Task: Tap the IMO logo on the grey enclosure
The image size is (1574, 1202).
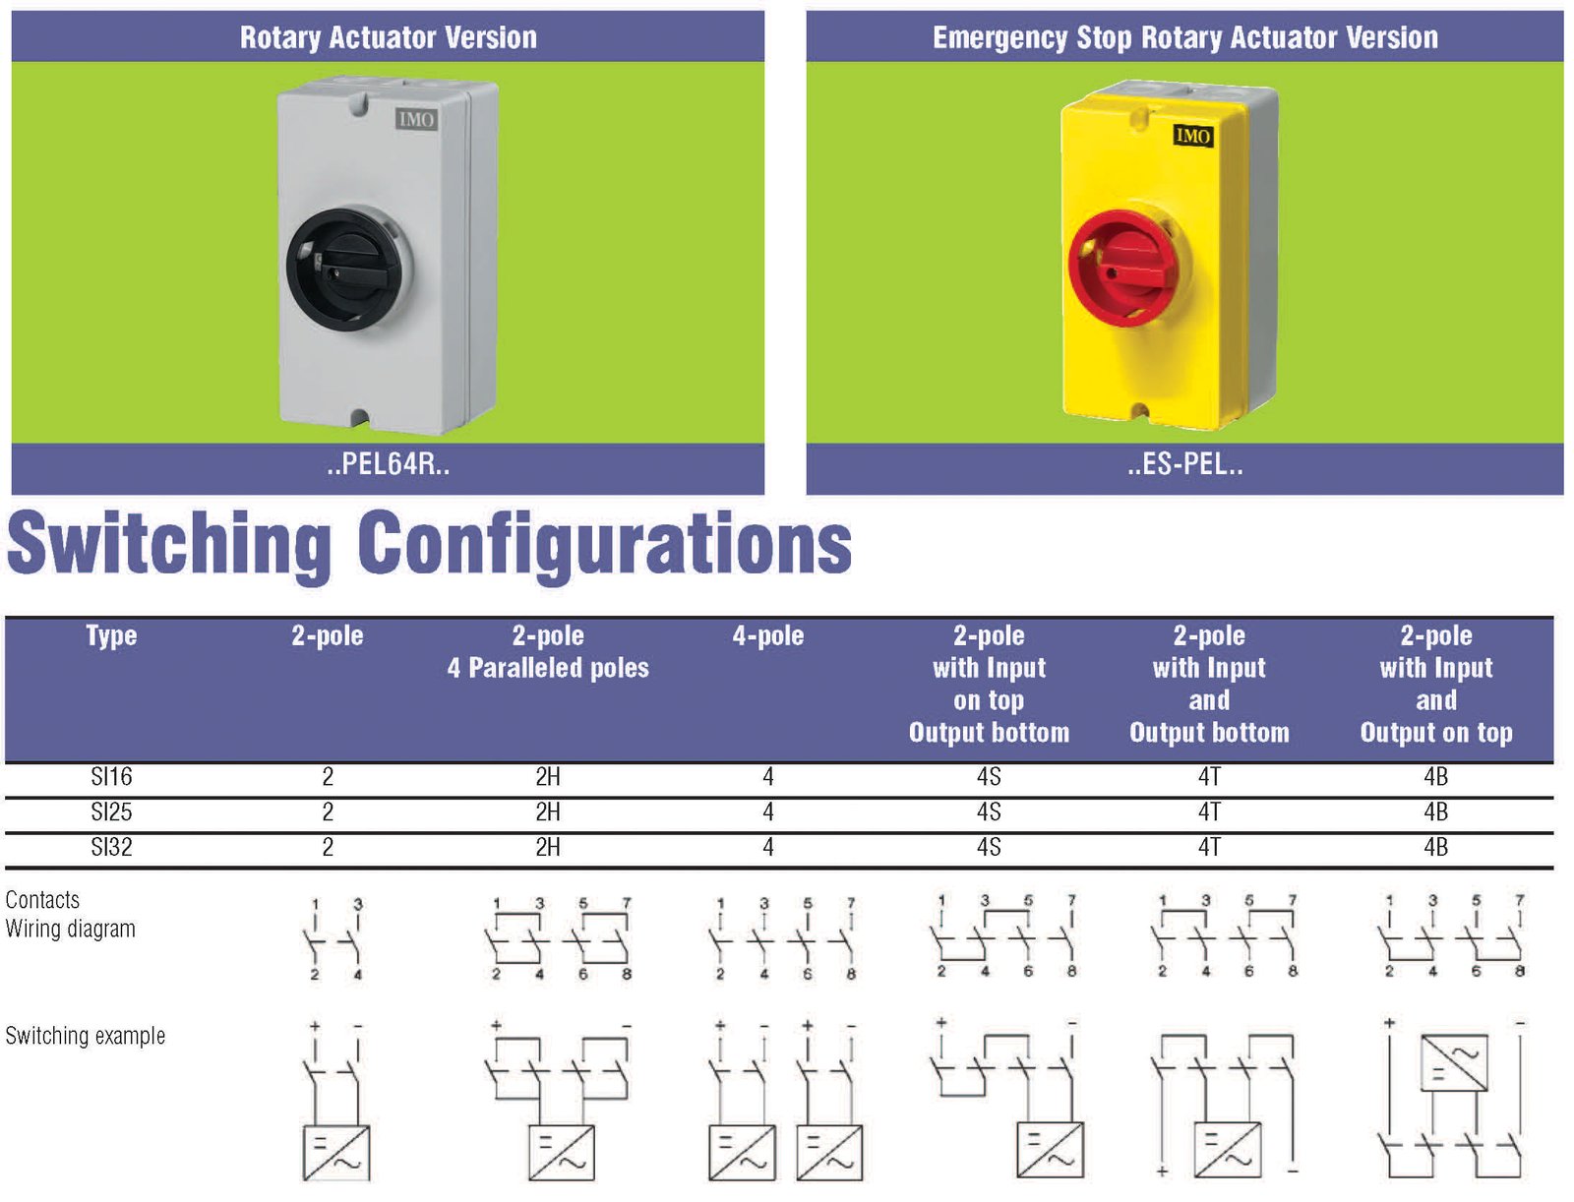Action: point(416,119)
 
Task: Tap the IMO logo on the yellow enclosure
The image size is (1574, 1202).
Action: point(1192,136)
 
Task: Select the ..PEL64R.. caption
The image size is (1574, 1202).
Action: point(388,464)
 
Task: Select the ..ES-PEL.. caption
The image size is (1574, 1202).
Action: point(1184,464)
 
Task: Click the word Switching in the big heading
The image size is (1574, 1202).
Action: point(169,544)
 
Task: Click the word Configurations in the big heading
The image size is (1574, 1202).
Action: point(604,544)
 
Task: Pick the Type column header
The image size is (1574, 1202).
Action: point(111,635)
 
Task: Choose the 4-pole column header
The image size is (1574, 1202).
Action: point(767,635)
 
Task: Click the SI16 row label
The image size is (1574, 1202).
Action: point(111,777)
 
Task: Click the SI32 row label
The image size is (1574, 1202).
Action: point(111,847)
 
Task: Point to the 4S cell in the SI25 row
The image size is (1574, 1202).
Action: point(989,812)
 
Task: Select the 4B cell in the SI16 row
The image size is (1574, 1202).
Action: point(1435,777)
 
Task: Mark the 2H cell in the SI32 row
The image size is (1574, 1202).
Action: point(548,847)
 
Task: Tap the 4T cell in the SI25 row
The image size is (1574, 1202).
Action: point(1209,812)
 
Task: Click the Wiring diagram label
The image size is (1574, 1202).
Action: point(70,929)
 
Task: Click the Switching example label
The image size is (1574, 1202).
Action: point(85,1036)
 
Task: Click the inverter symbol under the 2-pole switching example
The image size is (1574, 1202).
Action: point(335,1152)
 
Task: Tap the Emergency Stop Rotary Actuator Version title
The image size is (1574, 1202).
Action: point(1184,37)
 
